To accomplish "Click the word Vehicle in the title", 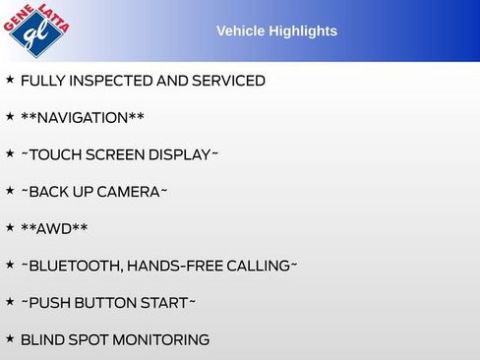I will pyautogui.click(x=241, y=31).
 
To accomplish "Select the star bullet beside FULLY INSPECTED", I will pyautogui.click(x=10, y=80).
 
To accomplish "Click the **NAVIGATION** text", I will pyautogui.click(x=83, y=118).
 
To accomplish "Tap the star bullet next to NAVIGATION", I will pyautogui.click(x=10, y=117).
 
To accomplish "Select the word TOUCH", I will pyautogui.click(x=55, y=155).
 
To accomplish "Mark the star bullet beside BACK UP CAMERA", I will pyautogui.click(x=10, y=191).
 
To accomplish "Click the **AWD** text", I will pyautogui.click(x=54, y=229).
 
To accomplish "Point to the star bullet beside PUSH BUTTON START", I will pyautogui.click(x=10, y=302).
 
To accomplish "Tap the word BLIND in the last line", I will pyautogui.click(x=42, y=340).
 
